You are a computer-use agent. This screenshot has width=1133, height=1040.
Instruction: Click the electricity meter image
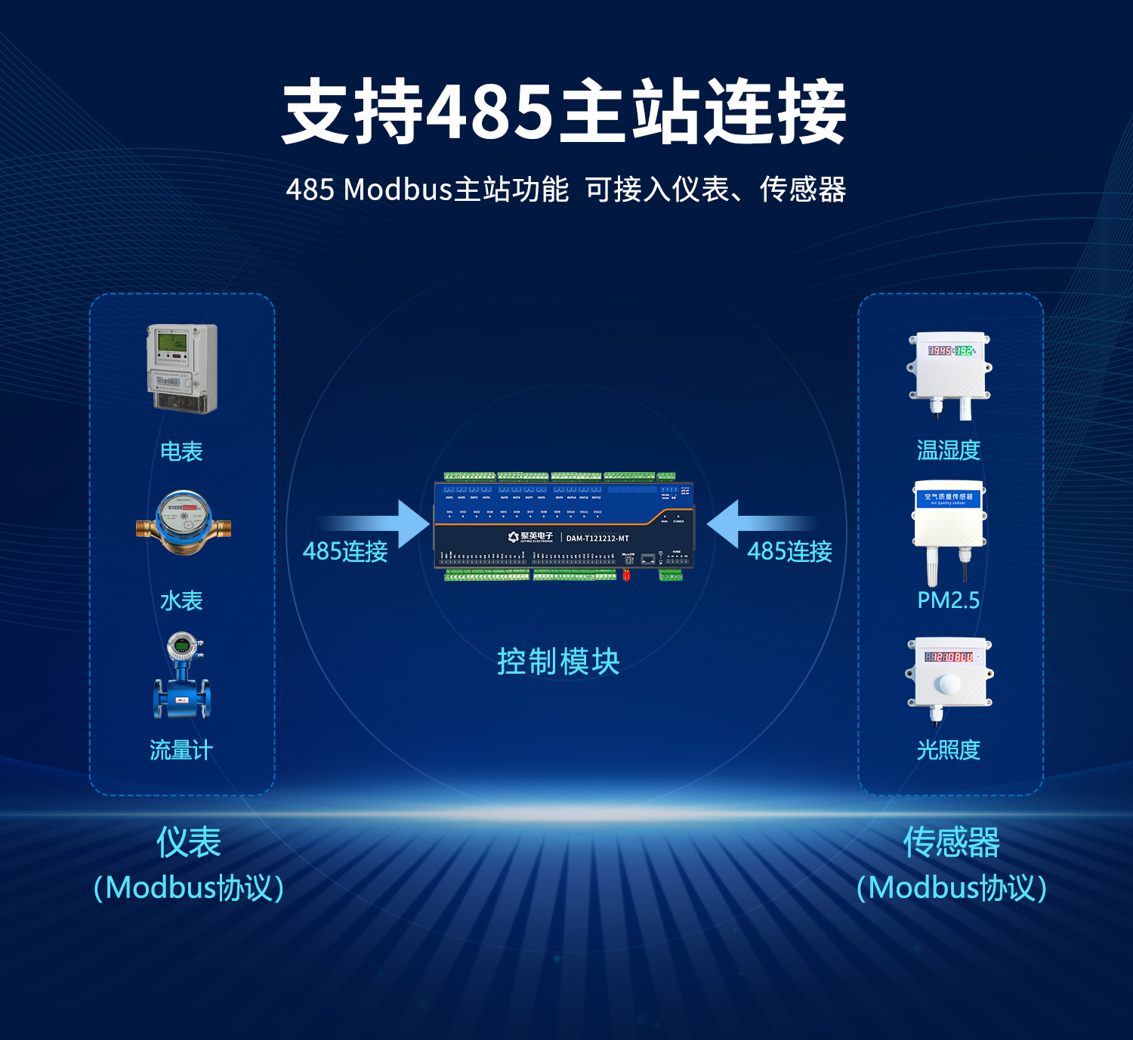click(x=182, y=369)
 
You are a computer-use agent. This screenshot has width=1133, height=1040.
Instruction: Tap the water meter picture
click(x=184, y=523)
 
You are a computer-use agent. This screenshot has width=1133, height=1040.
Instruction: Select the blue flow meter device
click(x=182, y=678)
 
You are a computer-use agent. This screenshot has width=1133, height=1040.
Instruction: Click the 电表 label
click(x=181, y=452)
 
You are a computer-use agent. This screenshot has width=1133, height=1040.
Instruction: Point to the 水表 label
click(x=181, y=601)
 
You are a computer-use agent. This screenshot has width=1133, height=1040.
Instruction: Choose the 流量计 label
click(x=181, y=750)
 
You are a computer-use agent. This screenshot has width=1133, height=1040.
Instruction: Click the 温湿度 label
click(x=948, y=451)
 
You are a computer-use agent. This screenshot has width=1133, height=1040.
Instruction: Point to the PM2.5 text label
click(x=948, y=600)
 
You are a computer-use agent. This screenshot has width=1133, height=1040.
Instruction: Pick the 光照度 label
click(x=948, y=750)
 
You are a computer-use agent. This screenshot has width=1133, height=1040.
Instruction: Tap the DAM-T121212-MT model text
click(x=597, y=539)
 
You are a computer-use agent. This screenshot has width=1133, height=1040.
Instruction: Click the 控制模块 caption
click(x=558, y=662)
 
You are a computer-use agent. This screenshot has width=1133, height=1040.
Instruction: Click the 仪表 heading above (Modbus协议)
click(x=188, y=842)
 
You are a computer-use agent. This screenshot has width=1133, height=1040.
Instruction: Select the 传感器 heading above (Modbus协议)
click(x=951, y=842)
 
